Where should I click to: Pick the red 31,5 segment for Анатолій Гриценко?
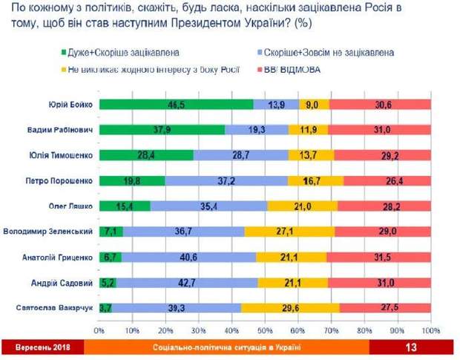(x=378, y=257)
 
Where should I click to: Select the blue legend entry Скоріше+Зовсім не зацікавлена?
(x=327, y=53)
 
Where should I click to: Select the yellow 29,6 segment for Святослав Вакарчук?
(x=290, y=307)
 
